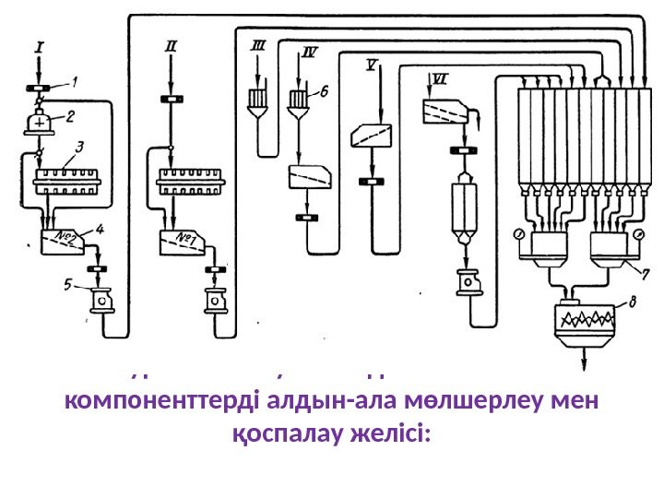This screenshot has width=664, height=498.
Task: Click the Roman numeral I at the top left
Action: tap(38, 43)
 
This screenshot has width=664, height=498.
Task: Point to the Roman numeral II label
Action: tap(172, 43)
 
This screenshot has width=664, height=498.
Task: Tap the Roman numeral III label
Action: tap(258, 43)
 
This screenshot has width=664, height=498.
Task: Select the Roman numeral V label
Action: tap(371, 65)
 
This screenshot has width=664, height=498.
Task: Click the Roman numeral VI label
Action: tap(441, 79)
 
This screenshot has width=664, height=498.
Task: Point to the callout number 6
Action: tap(324, 91)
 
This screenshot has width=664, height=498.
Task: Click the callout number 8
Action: tap(630, 300)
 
